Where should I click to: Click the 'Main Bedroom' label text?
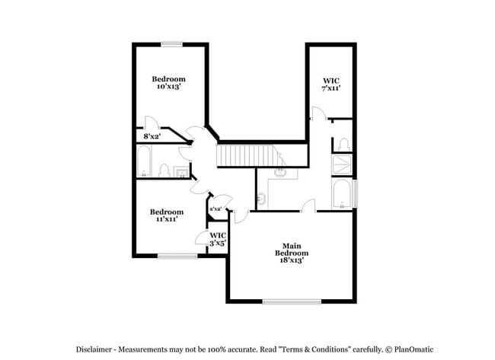(289, 249)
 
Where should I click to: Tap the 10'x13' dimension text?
(168, 87)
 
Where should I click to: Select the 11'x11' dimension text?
(166, 219)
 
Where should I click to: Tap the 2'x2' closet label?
(215, 208)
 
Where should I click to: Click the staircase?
(244, 155)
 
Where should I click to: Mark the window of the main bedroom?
(292, 302)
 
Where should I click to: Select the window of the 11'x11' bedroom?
(177, 256)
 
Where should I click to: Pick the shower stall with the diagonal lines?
(343, 164)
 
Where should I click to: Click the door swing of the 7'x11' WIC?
(316, 113)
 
